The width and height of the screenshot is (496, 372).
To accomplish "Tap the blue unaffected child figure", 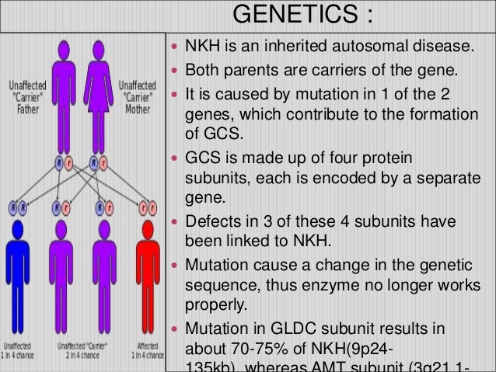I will [x=17, y=280].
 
